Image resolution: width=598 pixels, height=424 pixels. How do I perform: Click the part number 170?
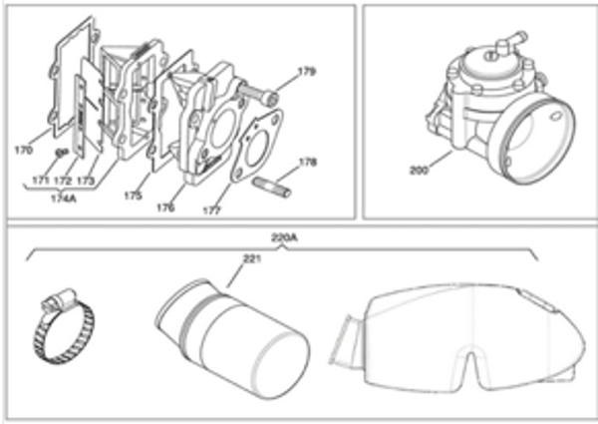[x=23, y=152]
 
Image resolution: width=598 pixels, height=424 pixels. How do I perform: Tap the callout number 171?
[x=41, y=180]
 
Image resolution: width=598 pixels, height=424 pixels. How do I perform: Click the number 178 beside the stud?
[x=309, y=162]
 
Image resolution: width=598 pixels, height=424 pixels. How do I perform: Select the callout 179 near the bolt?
[x=308, y=72]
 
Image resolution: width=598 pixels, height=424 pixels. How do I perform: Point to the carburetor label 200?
[x=418, y=170]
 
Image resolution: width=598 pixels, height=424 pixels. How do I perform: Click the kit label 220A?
[x=284, y=238]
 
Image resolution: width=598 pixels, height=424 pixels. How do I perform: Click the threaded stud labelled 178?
[x=275, y=185]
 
